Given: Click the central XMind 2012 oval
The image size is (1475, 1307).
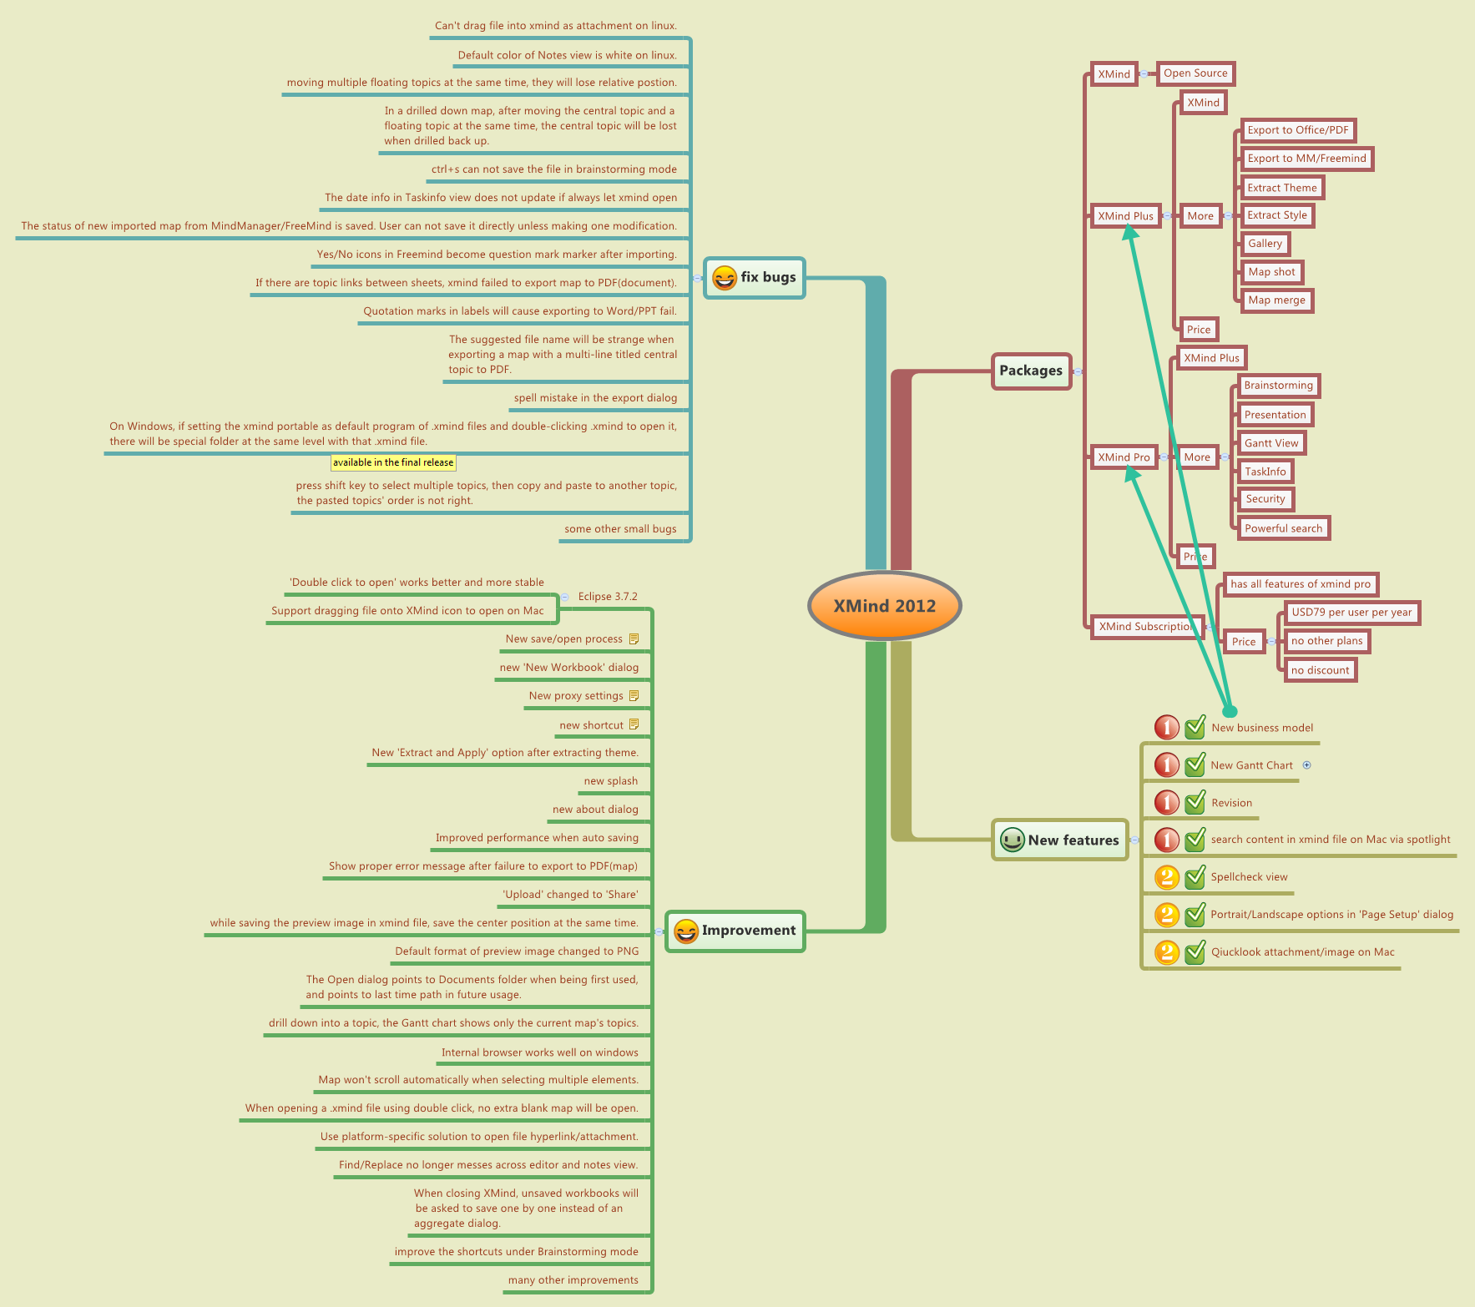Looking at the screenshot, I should [x=884, y=606].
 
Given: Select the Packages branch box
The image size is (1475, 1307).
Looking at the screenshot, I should [x=1031, y=371].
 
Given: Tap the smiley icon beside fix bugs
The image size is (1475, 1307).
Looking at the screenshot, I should [x=725, y=278].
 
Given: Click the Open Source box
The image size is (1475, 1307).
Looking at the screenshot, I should [x=1195, y=73].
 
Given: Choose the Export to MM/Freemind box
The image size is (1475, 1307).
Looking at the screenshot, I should [x=1306, y=159].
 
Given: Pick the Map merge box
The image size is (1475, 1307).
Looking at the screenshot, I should [x=1276, y=300].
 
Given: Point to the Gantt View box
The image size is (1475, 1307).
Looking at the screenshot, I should [x=1271, y=443].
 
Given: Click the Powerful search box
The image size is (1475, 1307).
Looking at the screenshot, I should [x=1283, y=528].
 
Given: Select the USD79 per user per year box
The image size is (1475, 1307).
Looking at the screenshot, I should [x=1351, y=613].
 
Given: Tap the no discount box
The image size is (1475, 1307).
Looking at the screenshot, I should [x=1320, y=670].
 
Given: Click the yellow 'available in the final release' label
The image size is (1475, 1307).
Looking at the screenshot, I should [x=393, y=462].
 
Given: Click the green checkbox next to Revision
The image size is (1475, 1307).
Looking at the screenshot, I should [x=1195, y=803].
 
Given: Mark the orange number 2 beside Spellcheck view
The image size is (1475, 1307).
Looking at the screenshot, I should [x=1166, y=877].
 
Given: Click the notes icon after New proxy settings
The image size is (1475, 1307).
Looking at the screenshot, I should [x=634, y=696].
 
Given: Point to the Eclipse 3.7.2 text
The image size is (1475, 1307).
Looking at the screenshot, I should [x=608, y=597].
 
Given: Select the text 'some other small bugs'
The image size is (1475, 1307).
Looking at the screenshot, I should [x=620, y=529].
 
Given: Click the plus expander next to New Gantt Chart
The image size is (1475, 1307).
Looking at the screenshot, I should [x=1307, y=765].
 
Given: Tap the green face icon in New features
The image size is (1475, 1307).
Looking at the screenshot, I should [x=1013, y=840].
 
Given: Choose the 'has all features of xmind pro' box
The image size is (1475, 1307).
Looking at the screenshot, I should [x=1301, y=584].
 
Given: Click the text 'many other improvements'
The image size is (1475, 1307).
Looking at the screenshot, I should [x=573, y=1280].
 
